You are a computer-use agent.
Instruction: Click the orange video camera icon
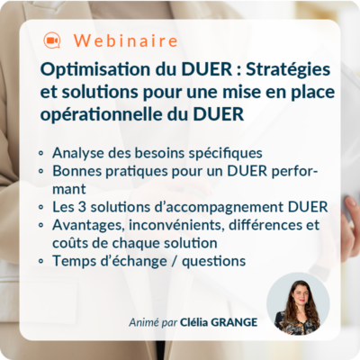(51, 41)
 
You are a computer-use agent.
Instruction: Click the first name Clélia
(185, 321)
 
